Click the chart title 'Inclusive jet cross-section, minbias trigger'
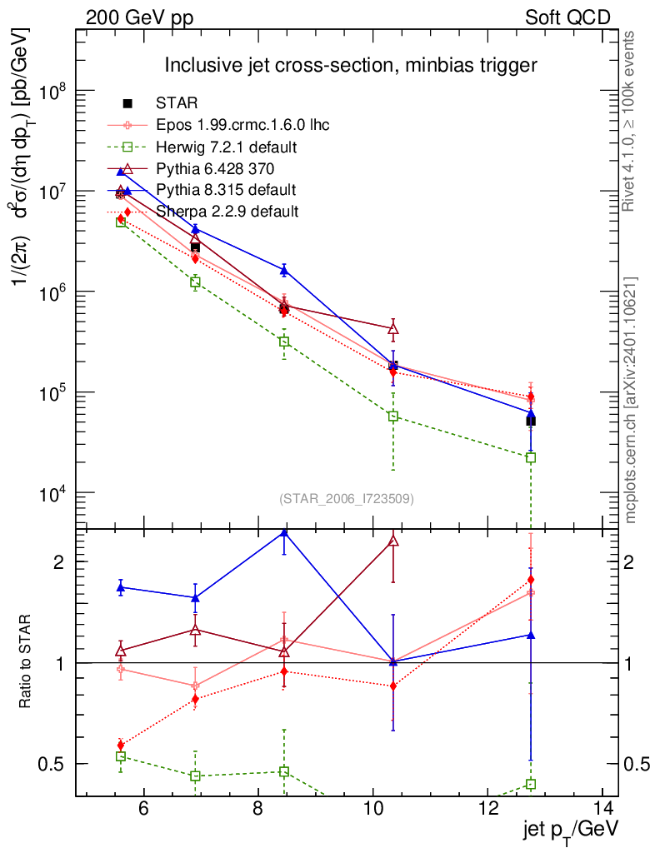pyautogui.click(x=350, y=65)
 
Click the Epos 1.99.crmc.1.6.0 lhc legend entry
pyautogui.click(x=242, y=125)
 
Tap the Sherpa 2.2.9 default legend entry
pyautogui.click(x=227, y=212)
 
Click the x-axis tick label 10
pyautogui.click(x=374, y=808)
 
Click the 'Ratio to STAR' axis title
pyautogui.click(x=26, y=661)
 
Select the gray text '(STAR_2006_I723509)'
pyautogui.click(x=346, y=499)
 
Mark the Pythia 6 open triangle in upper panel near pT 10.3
pyautogui.click(x=393, y=328)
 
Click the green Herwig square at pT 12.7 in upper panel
pyautogui.click(x=531, y=457)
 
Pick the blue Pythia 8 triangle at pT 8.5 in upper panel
pyautogui.click(x=284, y=270)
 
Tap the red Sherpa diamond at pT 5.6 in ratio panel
pyautogui.click(x=121, y=745)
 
